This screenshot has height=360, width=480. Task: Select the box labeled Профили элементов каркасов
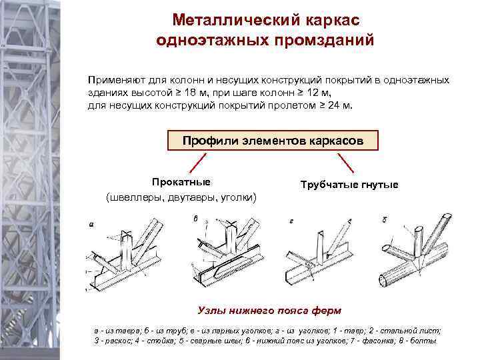tap(273, 141)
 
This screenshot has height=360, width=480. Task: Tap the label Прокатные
tap(181, 182)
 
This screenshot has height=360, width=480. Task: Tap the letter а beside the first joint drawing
tap(91, 225)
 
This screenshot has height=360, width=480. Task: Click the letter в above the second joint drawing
tap(195, 218)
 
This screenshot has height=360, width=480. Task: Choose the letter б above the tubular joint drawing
tap(385, 220)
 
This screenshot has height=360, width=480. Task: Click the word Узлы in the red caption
tap(213, 310)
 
